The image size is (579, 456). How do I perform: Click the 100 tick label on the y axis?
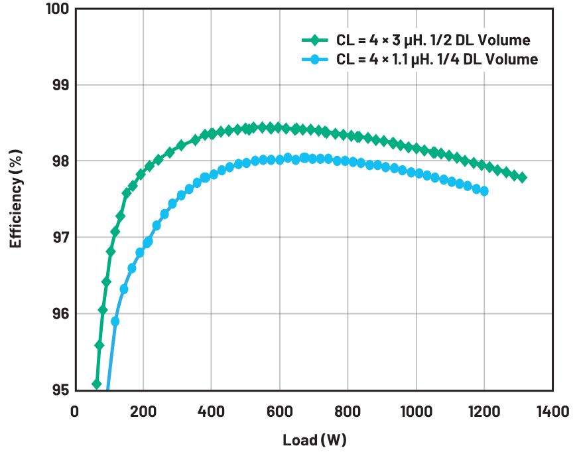point(58,9)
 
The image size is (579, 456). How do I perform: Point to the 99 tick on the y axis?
point(60,85)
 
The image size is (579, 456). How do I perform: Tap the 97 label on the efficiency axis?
point(60,237)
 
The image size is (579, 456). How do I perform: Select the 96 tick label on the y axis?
point(60,314)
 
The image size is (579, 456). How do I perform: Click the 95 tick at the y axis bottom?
point(60,390)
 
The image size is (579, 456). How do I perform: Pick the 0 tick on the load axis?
point(74,412)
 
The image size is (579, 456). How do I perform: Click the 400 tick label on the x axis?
point(211,412)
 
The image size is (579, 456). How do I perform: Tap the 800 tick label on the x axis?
point(348,412)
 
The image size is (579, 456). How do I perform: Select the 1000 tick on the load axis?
point(416,412)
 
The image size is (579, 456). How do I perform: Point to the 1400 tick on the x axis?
point(552,412)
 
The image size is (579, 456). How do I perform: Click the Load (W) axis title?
point(314,440)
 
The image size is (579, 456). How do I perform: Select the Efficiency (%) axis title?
point(16,199)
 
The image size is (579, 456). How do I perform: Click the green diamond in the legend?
point(314,40)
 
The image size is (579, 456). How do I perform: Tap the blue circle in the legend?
point(314,59)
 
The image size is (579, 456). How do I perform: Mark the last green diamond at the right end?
point(522,178)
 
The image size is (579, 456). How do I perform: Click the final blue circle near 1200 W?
point(483,191)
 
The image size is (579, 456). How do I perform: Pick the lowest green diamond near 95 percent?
point(97,384)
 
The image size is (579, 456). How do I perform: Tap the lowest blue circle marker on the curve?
point(115,321)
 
